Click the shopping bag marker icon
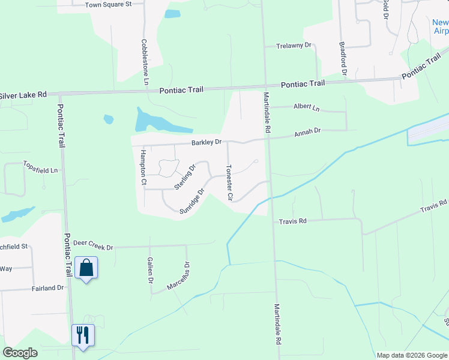[86, 268]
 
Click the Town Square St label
[108, 4]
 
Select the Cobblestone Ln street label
[145, 62]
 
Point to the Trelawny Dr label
[294, 46]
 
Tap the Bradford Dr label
[343, 58]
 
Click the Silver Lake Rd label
[23, 95]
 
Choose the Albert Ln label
[307, 107]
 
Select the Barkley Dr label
[206, 142]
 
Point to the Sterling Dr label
[185, 177]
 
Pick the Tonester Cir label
[229, 182]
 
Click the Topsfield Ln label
[41, 170]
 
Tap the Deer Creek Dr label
[93, 246]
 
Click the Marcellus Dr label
[179, 276]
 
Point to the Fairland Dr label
[47, 288]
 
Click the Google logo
[20, 353]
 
